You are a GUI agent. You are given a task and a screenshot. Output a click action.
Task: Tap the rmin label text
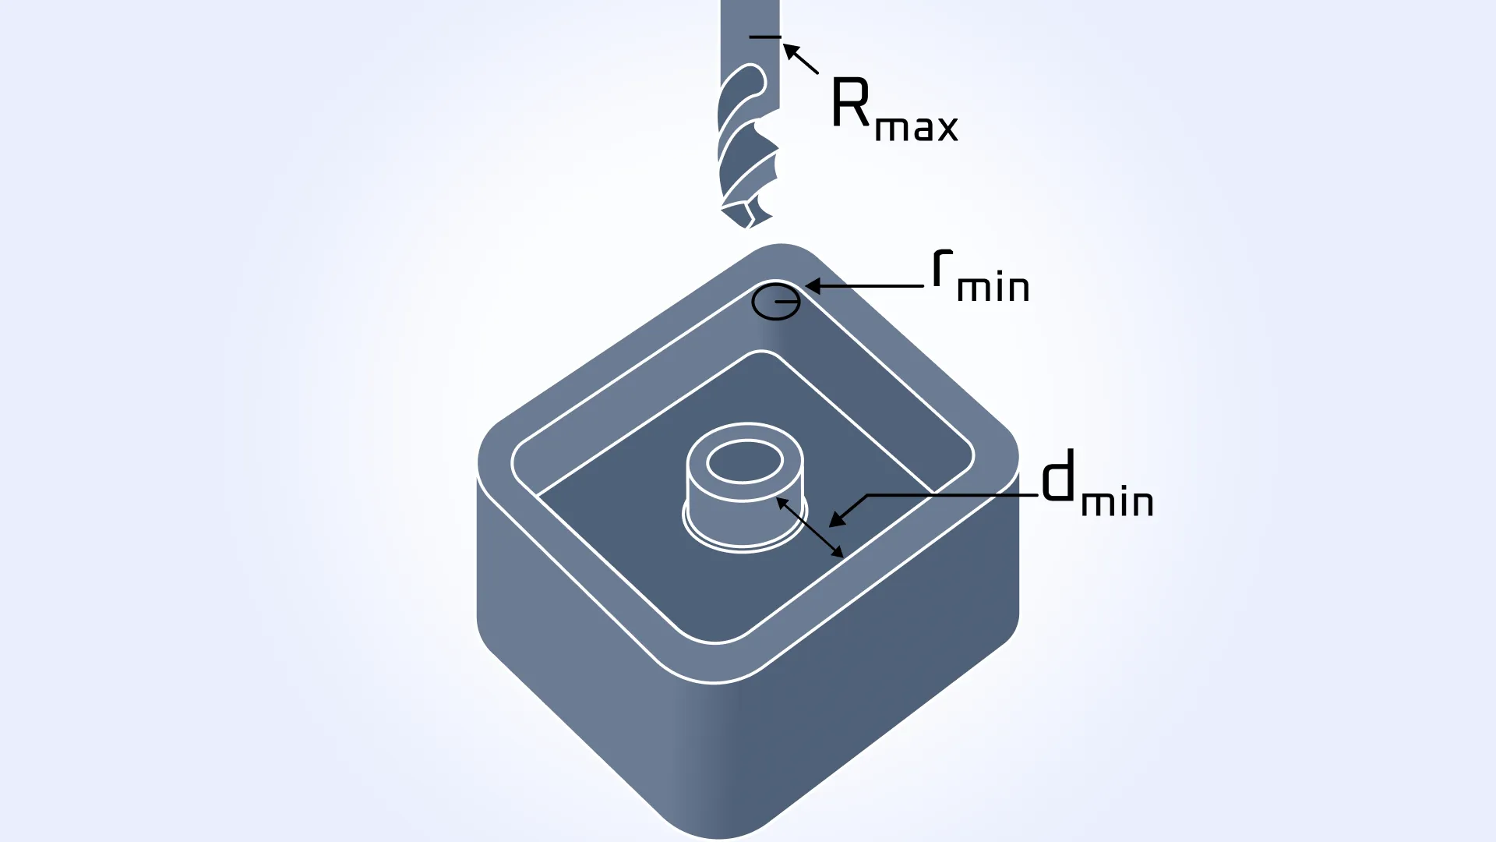click(x=980, y=278)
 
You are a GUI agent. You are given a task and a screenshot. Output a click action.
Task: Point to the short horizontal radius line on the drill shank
click(x=764, y=37)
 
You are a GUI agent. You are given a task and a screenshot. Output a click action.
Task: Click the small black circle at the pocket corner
click(x=775, y=302)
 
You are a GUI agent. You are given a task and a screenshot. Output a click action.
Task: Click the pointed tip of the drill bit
click(x=746, y=225)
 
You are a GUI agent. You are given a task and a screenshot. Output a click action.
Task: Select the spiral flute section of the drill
click(x=746, y=148)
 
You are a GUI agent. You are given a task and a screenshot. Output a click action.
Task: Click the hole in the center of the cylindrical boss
click(x=744, y=461)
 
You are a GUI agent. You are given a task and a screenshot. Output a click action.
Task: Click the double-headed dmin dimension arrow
click(x=810, y=528)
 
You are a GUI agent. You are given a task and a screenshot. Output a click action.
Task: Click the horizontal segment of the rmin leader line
click(x=873, y=287)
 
